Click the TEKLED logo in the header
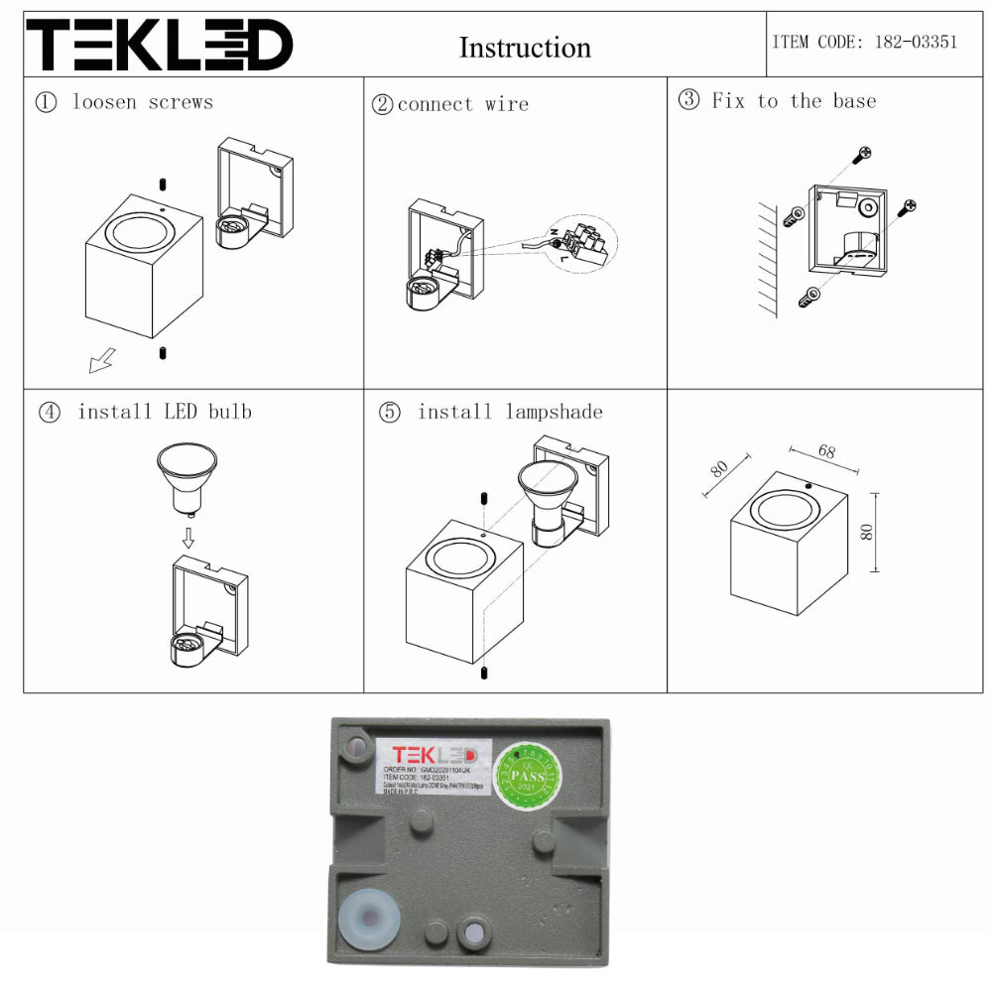pyautogui.click(x=159, y=46)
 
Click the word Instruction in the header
pyautogui.click(x=525, y=48)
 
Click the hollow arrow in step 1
pyautogui.click(x=101, y=361)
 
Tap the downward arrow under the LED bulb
pyautogui.click(x=187, y=537)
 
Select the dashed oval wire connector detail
pyautogui.click(x=582, y=244)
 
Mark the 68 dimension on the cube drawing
pyautogui.click(x=826, y=451)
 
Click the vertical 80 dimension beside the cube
pyautogui.click(x=867, y=532)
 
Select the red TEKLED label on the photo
pyautogui.click(x=433, y=754)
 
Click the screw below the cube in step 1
pyautogui.click(x=162, y=352)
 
